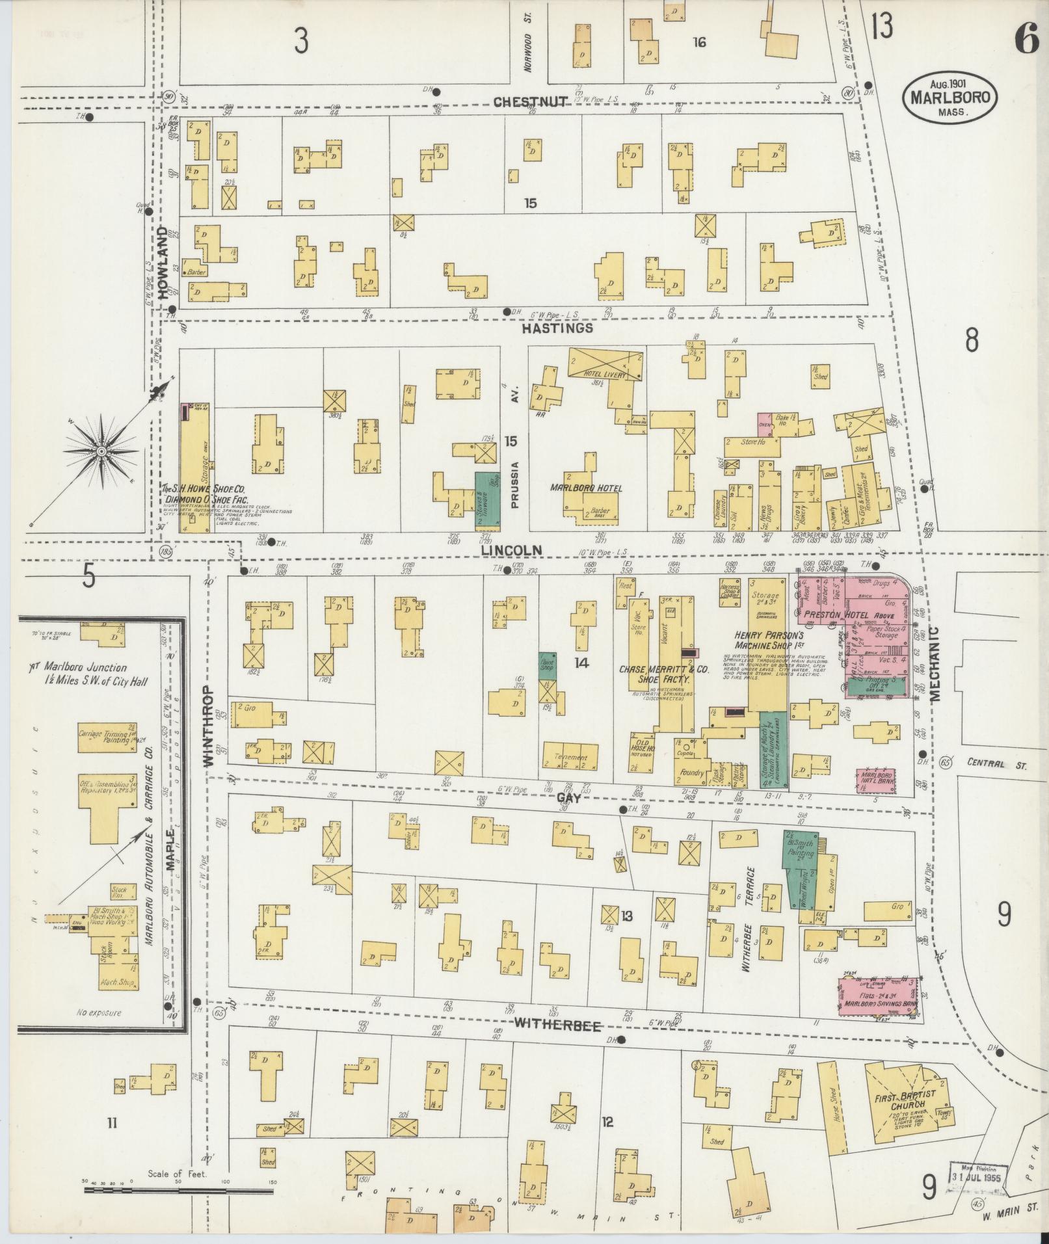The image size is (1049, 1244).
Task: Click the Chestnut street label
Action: click(531, 102)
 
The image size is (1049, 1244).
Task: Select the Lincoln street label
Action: click(511, 550)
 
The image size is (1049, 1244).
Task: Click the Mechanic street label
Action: click(935, 663)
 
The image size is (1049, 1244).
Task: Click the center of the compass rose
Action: click(102, 451)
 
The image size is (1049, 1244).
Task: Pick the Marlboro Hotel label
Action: click(585, 488)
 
